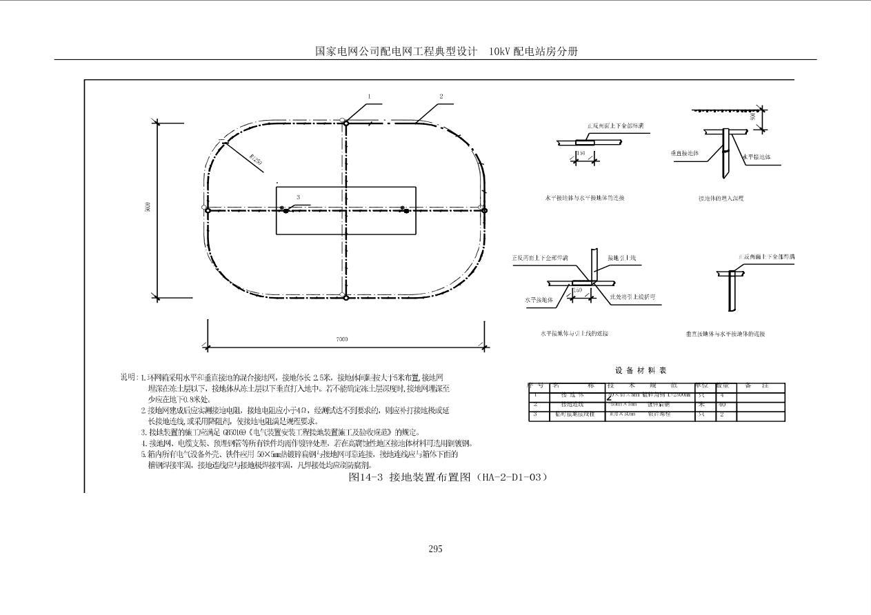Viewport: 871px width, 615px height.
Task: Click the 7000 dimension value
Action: [x=342, y=339]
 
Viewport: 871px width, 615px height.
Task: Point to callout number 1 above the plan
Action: [x=370, y=97]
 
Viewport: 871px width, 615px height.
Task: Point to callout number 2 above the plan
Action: [x=441, y=97]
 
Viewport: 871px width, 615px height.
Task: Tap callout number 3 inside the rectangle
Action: [x=298, y=197]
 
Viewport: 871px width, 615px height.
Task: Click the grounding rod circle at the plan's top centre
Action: [x=346, y=122]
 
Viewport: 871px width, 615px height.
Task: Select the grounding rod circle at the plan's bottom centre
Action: [x=345, y=296]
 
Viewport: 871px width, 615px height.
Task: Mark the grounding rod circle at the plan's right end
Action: [x=484, y=210]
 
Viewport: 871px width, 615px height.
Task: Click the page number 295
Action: [x=435, y=549]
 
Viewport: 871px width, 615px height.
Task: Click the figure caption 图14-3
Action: [x=366, y=476]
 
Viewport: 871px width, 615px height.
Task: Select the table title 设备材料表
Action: [x=641, y=371]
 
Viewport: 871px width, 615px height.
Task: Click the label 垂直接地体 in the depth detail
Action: [x=685, y=153]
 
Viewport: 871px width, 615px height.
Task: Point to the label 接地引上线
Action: [x=621, y=258]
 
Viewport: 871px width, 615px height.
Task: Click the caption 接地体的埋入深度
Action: [x=721, y=199]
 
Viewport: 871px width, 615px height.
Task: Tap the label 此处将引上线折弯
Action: [x=632, y=297]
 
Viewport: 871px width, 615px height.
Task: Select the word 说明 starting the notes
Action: [x=128, y=377]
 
